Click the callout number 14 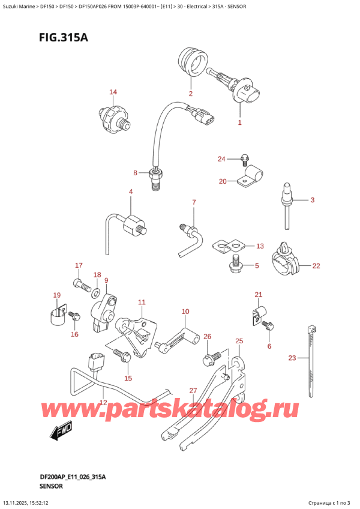[x=113, y=92]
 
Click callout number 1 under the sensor [x=239, y=122]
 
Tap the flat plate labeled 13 [x=230, y=245]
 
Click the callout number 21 [x=258, y=294]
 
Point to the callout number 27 [x=193, y=391]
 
